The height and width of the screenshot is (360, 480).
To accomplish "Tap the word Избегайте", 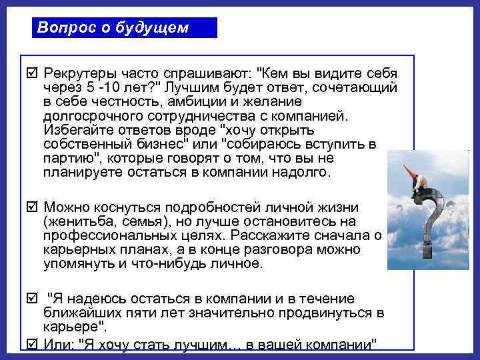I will click(x=73, y=130).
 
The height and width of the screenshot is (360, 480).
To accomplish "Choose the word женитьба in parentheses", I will click(x=78, y=222).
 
